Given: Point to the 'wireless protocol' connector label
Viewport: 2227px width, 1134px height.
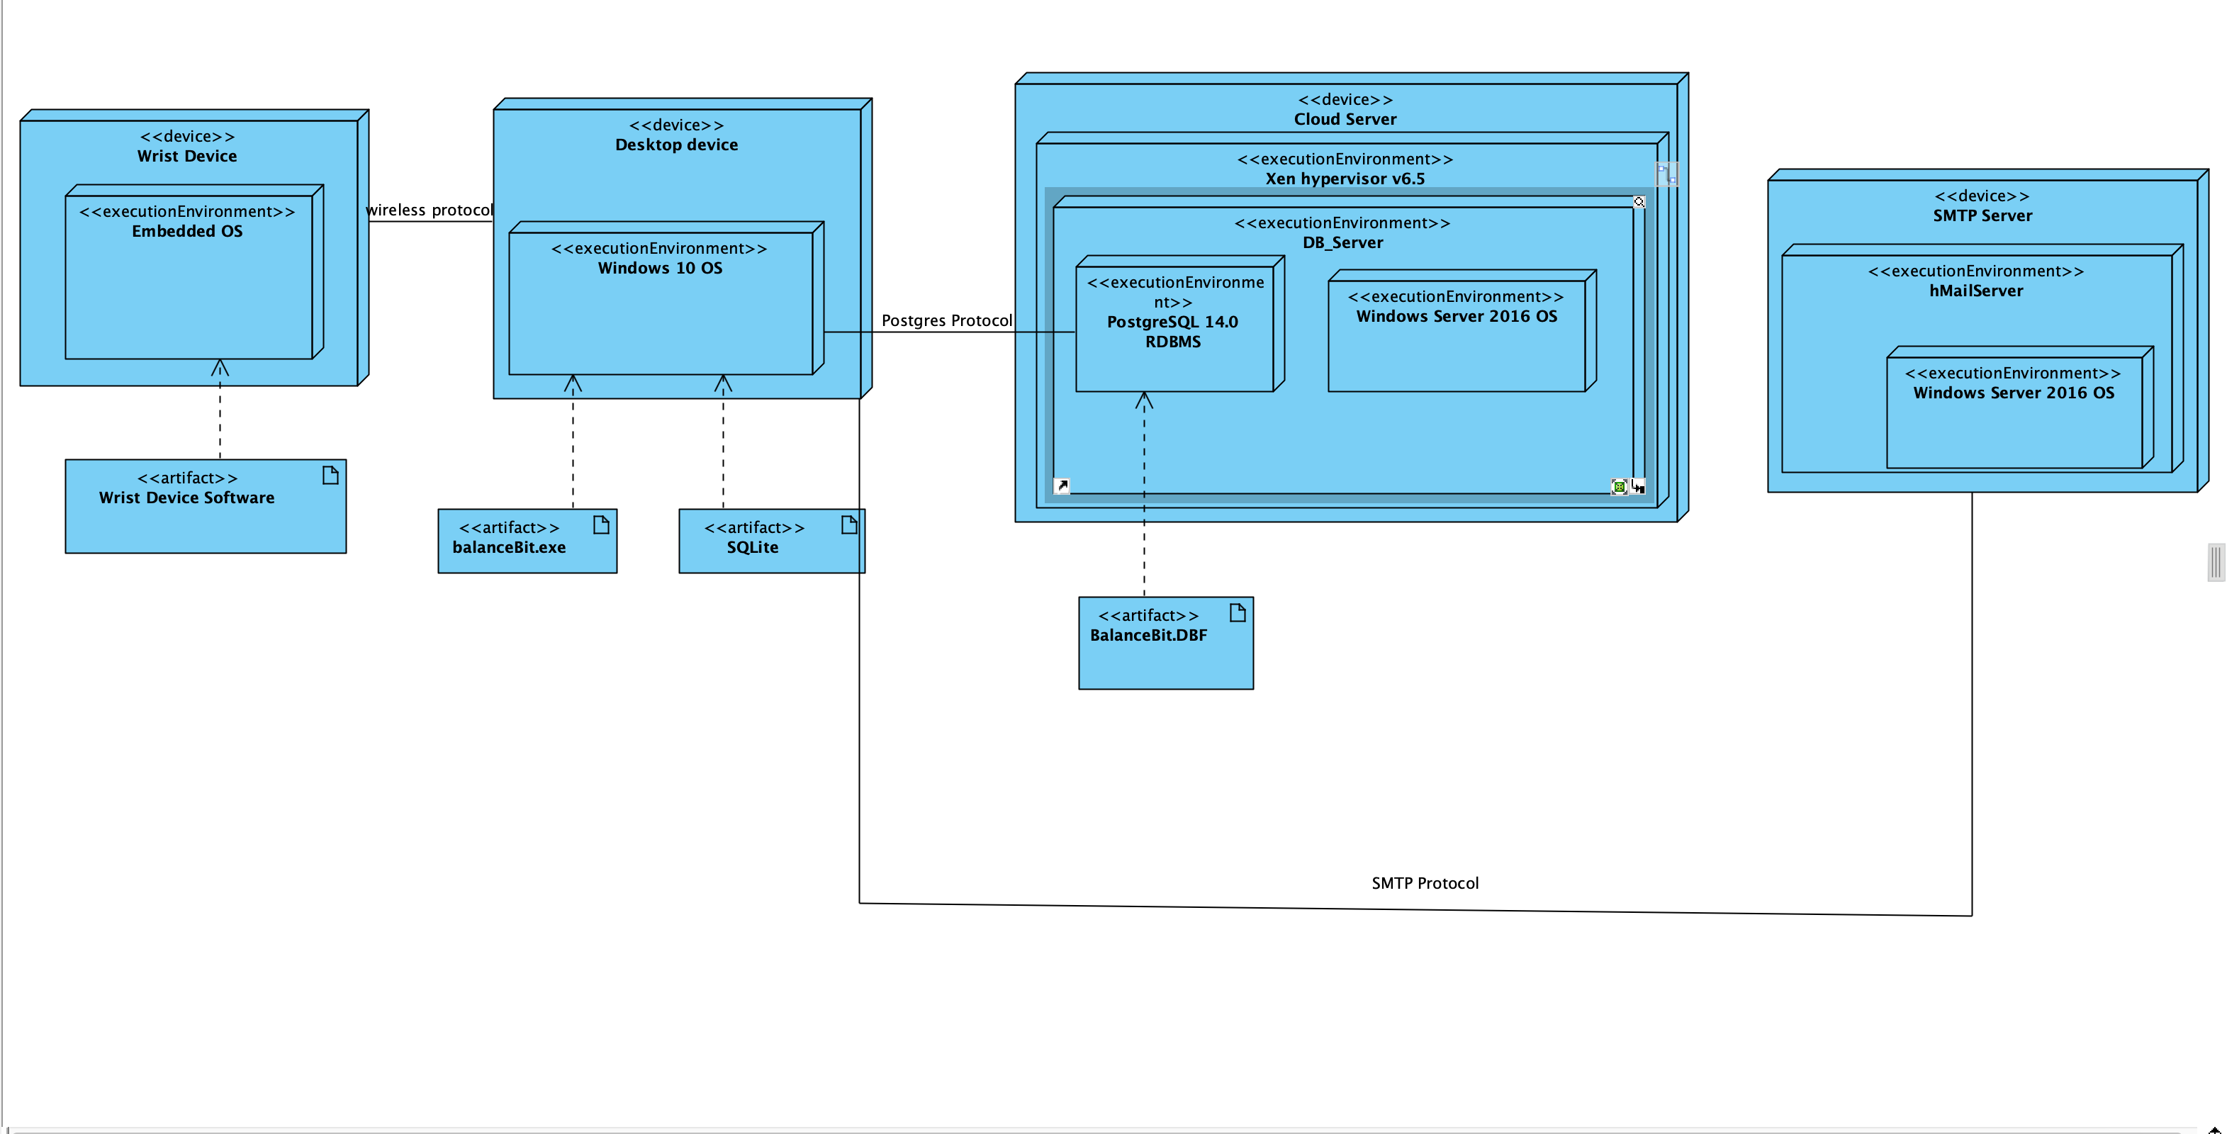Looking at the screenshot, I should point(429,210).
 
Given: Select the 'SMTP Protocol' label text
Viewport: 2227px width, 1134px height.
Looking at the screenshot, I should point(1424,883).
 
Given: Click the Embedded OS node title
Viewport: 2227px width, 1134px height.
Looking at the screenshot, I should point(186,232).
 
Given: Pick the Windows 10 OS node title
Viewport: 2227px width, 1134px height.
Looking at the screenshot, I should point(660,268).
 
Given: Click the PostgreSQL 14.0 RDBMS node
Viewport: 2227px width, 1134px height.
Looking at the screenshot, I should point(1172,332).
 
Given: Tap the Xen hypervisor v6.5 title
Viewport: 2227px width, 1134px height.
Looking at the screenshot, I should point(1345,179).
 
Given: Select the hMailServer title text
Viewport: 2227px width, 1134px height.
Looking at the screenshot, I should point(1975,291).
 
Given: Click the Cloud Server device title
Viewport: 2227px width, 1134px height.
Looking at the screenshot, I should point(1345,119).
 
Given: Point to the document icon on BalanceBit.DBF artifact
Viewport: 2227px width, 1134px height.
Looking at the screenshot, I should point(1237,613).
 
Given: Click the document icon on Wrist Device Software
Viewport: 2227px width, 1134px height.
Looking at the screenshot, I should point(330,476).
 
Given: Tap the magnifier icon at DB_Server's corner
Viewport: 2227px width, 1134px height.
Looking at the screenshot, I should point(1638,201).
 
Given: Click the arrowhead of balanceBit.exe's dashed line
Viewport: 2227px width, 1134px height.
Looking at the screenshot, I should point(572,382).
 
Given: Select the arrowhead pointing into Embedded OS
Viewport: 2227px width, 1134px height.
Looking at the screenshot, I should point(220,367).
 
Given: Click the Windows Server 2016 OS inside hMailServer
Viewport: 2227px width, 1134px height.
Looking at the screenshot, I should point(2013,393).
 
